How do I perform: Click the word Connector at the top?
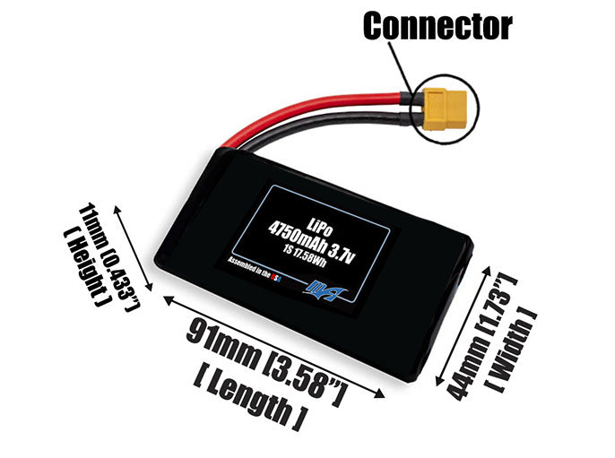tap(437, 26)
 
